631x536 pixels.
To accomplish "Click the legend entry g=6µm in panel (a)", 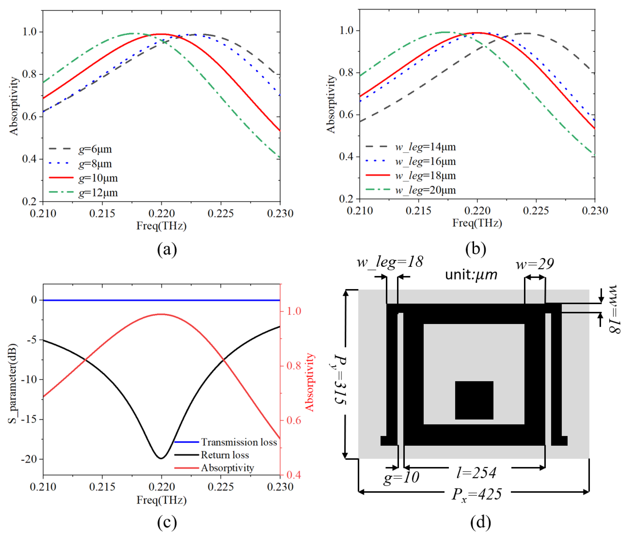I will tap(95, 149).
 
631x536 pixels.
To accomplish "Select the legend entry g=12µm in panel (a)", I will tap(98, 193).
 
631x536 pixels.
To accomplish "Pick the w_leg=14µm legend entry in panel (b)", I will tap(425, 147).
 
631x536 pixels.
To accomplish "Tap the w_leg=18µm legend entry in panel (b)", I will tap(425, 175).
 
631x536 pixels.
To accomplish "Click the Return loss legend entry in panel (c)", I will tap(225, 455).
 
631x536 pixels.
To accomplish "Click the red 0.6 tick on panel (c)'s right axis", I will tap(294, 420).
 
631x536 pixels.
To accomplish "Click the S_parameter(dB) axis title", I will tap(12, 384).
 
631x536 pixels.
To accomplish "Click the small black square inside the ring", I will tap(474, 400).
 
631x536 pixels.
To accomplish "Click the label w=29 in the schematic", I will tap(535, 264).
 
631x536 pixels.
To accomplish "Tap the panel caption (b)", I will tap(475, 249).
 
